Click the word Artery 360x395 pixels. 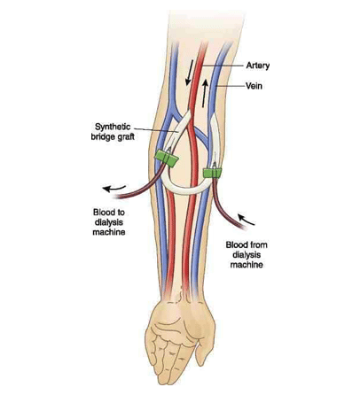tap(258, 66)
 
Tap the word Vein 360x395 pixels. tap(254, 86)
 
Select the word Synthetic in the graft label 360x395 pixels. tap(113, 128)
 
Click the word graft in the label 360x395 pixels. tap(125, 137)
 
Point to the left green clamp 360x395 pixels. tap(167, 158)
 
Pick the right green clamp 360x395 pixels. tap(212, 173)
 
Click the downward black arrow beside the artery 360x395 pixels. tap(189, 73)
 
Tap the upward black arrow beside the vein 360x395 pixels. tap(205, 93)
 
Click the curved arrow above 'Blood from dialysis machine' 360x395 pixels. tap(246, 220)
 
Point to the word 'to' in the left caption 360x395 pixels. tap(121, 213)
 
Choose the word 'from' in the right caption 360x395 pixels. tap(259, 245)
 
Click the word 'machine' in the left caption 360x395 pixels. tap(109, 232)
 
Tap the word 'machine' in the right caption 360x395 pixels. tap(247, 265)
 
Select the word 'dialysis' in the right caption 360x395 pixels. tap(247, 255)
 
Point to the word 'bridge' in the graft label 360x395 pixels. tap(103, 137)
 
